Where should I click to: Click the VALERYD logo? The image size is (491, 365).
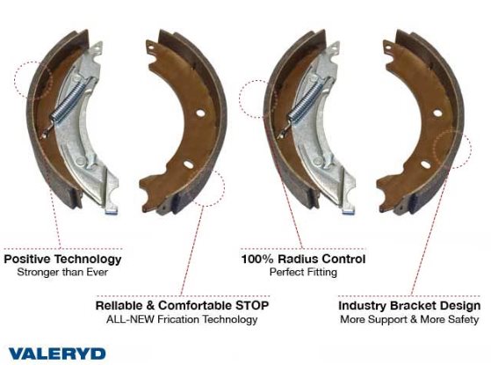click(x=57, y=354)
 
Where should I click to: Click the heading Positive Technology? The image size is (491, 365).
click(x=62, y=259)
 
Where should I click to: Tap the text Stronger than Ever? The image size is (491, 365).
click(x=62, y=272)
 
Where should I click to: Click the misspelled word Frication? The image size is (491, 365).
click(x=178, y=319)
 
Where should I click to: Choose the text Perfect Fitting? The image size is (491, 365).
click(x=303, y=272)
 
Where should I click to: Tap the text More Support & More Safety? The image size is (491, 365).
click(x=409, y=319)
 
